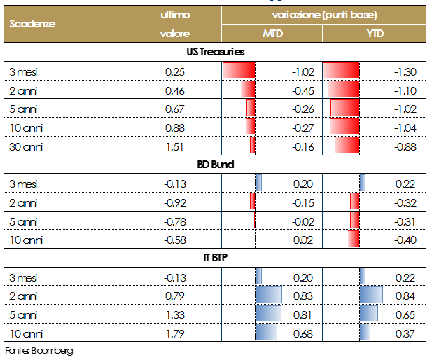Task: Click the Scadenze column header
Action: click(x=33, y=23)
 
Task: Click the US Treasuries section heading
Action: click(x=215, y=52)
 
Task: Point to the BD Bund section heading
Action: click(x=215, y=165)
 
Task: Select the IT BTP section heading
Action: click(x=215, y=258)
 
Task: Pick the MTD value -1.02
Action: click(x=302, y=71)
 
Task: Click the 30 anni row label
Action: click(x=25, y=146)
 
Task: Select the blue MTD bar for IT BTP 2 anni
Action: click(x=269, y=295)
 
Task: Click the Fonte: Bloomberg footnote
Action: click(x=39, y=349)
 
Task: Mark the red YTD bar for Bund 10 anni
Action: click(x=353, y=240)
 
